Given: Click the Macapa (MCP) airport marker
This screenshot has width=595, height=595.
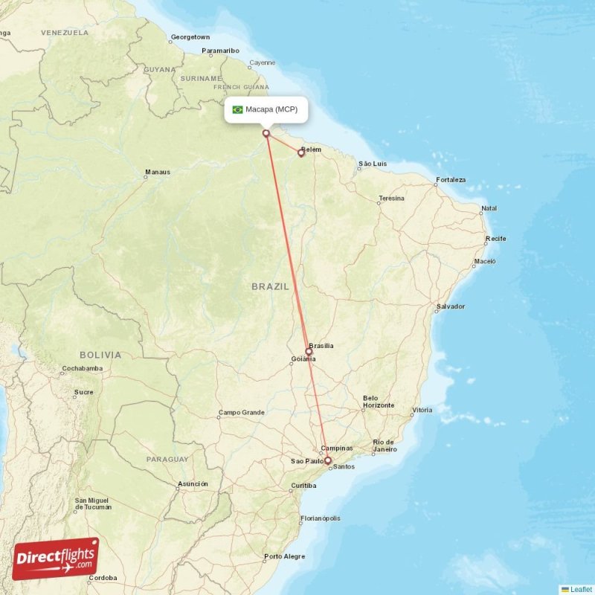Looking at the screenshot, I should tap(266, 134).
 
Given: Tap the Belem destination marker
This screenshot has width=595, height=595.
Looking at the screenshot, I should tap(301, 153).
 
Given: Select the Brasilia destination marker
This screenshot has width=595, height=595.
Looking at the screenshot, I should tap(309, 352).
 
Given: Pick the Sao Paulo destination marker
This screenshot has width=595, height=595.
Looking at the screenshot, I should tap(327, 460).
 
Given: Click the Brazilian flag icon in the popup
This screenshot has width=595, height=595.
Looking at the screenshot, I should tap(237, 109).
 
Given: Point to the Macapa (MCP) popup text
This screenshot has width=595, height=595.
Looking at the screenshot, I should tap(271, 109).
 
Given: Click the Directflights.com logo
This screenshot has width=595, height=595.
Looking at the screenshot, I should tap(56, 558).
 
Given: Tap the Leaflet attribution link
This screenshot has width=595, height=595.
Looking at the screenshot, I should tap(580, 589).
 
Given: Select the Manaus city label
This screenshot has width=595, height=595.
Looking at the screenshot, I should tap(158, 173).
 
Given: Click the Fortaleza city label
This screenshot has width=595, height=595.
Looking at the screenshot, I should tap(451, 180).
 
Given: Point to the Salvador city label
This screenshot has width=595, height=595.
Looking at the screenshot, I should tap(451, 306).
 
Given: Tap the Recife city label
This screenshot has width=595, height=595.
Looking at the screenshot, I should tap(495, 239).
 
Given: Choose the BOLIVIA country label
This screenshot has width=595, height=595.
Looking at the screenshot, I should tap(102, 355).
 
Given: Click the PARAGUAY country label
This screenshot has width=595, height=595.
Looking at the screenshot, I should tap(167, 460).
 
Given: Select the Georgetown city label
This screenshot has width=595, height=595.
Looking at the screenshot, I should tap(190, 36).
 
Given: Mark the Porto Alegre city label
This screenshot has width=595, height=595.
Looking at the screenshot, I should tap(284, 556).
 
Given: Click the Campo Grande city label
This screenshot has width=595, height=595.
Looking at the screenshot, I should tap(241, 412).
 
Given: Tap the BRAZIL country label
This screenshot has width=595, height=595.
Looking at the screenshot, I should tap(271, 286).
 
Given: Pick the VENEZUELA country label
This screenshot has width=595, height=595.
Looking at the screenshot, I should tap(65, 33).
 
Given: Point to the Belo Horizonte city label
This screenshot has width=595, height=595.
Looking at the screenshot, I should tap(378, 402).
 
